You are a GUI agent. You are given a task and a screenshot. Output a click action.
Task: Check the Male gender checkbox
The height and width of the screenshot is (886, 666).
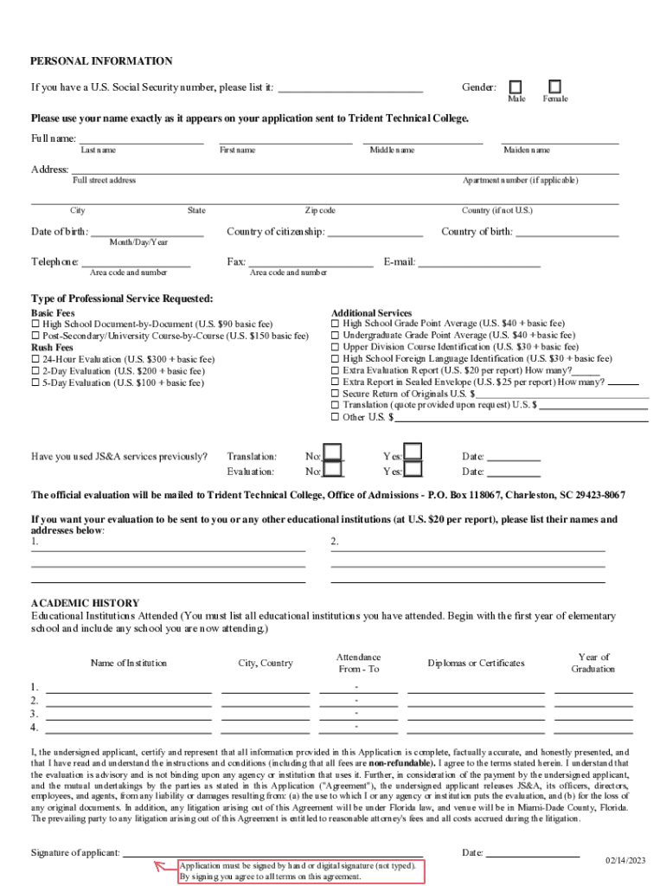[516, 87]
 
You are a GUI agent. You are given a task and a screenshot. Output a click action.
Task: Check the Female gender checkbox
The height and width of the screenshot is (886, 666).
[554, 87]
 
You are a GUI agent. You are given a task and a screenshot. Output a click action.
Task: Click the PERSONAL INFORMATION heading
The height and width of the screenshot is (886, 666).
[101, 61]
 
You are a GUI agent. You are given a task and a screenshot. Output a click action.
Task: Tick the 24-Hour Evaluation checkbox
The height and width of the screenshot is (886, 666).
[35, 359]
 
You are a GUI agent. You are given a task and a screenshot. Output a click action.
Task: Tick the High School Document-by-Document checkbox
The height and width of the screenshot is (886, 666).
[35, 324]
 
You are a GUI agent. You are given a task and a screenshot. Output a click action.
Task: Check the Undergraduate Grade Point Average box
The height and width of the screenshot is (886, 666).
[336, 335]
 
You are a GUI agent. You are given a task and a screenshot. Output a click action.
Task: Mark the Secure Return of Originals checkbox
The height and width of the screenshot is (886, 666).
[336, 393]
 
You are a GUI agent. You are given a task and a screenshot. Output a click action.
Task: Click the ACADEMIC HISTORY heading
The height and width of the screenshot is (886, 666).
[85, 603]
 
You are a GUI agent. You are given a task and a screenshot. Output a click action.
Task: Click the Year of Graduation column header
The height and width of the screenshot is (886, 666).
[593, 663]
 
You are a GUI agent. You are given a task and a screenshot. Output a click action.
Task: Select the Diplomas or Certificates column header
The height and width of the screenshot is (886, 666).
[476, 664]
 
